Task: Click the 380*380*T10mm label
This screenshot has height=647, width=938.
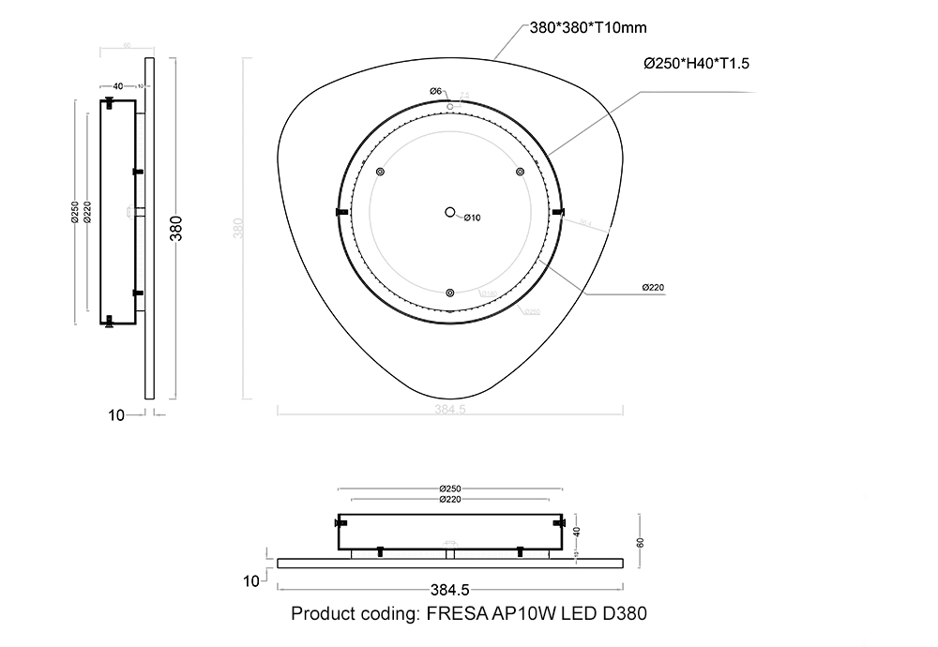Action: [x=588, y=28]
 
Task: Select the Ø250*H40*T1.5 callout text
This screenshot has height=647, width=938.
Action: [x=696, y=64]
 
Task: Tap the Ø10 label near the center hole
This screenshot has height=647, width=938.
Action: [x=472, y=218]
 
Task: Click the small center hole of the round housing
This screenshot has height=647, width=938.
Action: [x=450, y=213]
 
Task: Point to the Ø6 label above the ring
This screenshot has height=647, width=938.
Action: [x=435, y=90]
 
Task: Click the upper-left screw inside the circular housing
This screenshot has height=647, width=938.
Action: [x=380, y=172]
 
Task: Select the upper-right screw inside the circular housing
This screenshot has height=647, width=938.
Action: [x=519, y=172]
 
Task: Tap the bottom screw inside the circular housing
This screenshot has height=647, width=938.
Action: [x=450, y=293]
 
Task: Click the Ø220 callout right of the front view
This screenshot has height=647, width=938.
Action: [x=654, y=288]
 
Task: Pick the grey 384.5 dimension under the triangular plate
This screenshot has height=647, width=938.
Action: [x=451, y=409]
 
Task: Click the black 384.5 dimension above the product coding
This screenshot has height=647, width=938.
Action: [x=449, y=590]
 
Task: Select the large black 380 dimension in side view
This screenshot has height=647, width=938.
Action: [x=175, y=228]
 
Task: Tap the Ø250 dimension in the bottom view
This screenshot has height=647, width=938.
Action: [x=450, y=489]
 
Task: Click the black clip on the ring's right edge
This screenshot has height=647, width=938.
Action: [x=559, y=213]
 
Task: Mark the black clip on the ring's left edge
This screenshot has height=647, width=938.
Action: [x=340, y=213]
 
